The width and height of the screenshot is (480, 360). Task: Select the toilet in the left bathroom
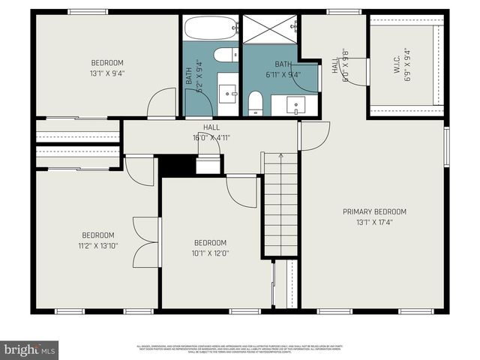[x=224, y=55]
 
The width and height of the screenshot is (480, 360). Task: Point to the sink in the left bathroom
[x=227, y=94]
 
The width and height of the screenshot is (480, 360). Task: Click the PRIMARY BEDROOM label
[x=374, y=212]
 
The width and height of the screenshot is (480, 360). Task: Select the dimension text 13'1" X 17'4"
[x=374, y=223]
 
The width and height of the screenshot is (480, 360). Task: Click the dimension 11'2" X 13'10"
[x=98, y=245]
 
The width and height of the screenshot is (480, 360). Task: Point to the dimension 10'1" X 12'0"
[x=211, y=253]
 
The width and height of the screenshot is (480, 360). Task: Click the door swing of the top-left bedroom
[x=161, y=103]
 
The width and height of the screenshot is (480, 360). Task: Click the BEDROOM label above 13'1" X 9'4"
[x=107, y=62]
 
